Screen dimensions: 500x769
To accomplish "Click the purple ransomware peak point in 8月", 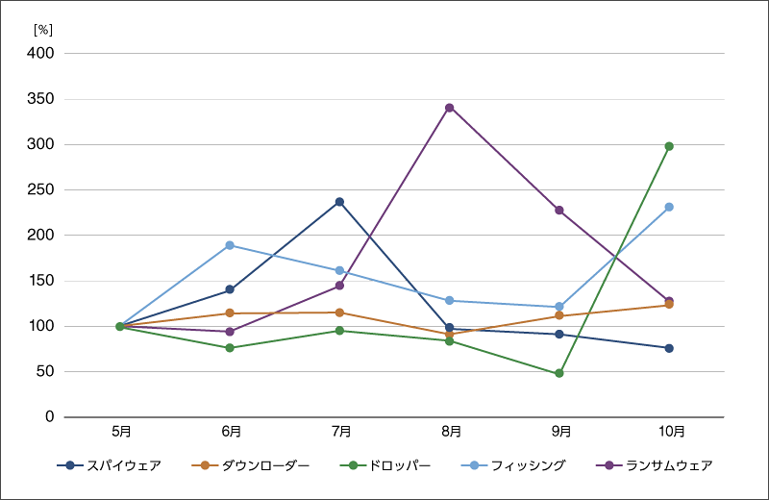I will [449, 108].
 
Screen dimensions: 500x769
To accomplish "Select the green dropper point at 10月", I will [669, 146].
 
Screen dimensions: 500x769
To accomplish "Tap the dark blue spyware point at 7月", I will [339, 202].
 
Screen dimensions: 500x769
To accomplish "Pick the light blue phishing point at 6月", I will [230, 245].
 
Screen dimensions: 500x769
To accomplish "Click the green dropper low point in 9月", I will [559, 373].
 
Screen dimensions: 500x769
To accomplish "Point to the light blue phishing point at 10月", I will [669, 207].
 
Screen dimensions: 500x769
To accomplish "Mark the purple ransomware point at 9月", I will [559, 210].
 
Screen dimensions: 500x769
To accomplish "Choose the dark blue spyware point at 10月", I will [669, 348].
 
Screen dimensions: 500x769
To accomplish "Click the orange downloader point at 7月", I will [339, 312].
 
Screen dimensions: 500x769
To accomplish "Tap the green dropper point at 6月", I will [230, 348].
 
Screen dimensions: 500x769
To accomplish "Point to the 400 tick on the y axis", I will [40, 54].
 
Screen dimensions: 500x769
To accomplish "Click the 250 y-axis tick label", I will [40, 190].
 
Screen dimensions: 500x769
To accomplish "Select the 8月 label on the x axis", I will [450, 432].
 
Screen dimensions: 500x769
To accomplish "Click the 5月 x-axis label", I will [120, 432].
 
